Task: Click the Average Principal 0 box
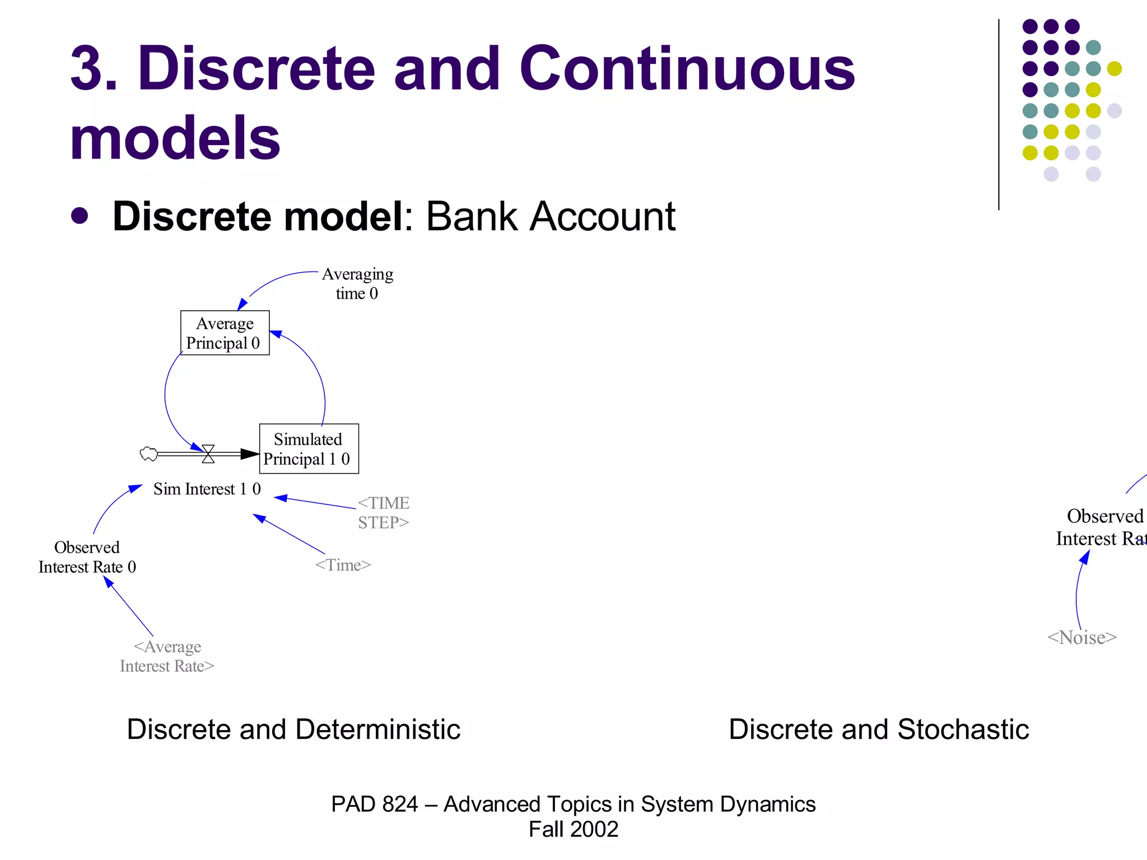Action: pyautogui.click(x=225, y=333)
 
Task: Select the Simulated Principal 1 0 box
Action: pyautogui.click(x=309, y=448)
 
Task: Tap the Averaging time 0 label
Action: pyautogui.click(x=357, y=283)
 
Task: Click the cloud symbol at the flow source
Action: pyautogui.click(x=148, y=454)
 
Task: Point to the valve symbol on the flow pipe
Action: pyautogui.click(x=208, y=454)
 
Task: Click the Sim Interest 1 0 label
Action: pyautogui.click(x=207, y=489)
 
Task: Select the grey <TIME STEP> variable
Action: pyautogui.click(x=384, y=512)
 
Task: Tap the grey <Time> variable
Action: pyautogui.click(x=343, y=565)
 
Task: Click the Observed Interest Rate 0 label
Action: pyautogui.click(x=87, y=557)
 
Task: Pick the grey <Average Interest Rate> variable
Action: pyautogui.click(x=167, y=656)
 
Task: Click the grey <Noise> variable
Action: pyautogui.click(x=1081, y=638)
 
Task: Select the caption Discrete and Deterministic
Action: pyautogui.click(x=293, y=729)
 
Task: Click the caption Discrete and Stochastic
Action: pyautogui.click(x=879, y=729)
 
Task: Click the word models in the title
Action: pyautogui.click(x=175, y=138)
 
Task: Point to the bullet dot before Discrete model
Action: pyautogui.click(x=80, y=216)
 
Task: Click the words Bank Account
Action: pyautogui.click(x=551, y=216)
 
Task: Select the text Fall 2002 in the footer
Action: pyautogui.click(x=573, y=829)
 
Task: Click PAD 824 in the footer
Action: pyautogui.click(x=374, y=804)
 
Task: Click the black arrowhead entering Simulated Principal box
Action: pyautogui.click(x=250, y=454)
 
